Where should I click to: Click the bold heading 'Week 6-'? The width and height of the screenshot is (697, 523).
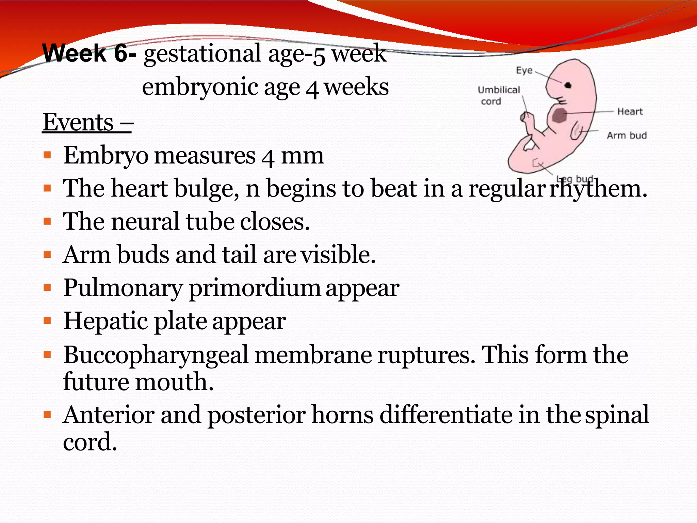(x=90, y=53)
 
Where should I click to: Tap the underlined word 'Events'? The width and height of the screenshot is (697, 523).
(x=78, y=122)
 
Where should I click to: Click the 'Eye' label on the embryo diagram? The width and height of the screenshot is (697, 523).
(x=524, y=70)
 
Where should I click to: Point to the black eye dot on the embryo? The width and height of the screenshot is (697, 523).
(x=568, y=85)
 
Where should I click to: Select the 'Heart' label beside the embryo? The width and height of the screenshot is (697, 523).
(x=630, y=112)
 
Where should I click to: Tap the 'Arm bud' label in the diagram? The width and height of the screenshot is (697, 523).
(x=627, y=136)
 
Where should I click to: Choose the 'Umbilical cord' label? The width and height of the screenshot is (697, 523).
(x=499, y=96)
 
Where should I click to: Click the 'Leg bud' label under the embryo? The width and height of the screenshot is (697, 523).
(x=574, y=179)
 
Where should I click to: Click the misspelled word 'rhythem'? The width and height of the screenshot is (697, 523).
(x=598, y=189)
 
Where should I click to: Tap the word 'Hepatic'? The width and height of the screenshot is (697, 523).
(x=106, y=321)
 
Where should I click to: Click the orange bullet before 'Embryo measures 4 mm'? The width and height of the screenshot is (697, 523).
(x=47, y=156)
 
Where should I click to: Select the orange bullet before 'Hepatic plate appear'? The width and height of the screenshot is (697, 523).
(x=47, y=321)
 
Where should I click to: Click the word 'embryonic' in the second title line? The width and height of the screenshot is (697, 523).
(x=200, y=87)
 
